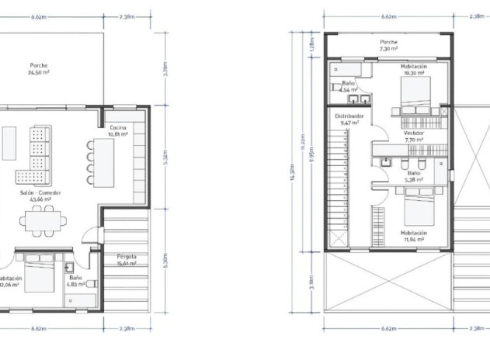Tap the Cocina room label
point(117,130)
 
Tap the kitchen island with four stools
point(104,161)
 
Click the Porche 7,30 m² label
point(388,45)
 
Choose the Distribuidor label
point(349,119)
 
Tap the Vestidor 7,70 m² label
point(413,137)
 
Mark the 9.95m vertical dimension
point(312,164)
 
